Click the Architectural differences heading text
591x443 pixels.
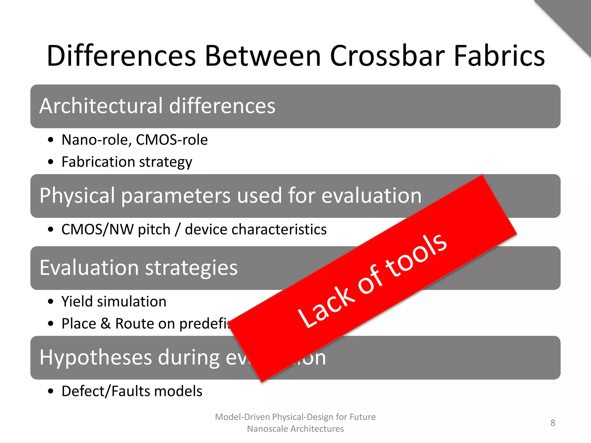click(x=157, y=106)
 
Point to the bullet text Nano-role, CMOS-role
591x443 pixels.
click(x=134, y=140)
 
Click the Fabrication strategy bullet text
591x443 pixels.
click(x=127, y=162)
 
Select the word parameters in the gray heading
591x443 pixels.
click(x=176, y=196)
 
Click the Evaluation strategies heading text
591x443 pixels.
click(x=139, y=268)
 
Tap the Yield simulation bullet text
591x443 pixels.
click(x=114, y=302)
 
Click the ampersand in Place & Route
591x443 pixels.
click(x=106, y=324)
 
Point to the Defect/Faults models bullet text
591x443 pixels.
click(x=132, y=391)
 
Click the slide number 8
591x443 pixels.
click(x=553, y=423)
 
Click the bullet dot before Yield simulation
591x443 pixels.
click(x=51, y=302)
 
